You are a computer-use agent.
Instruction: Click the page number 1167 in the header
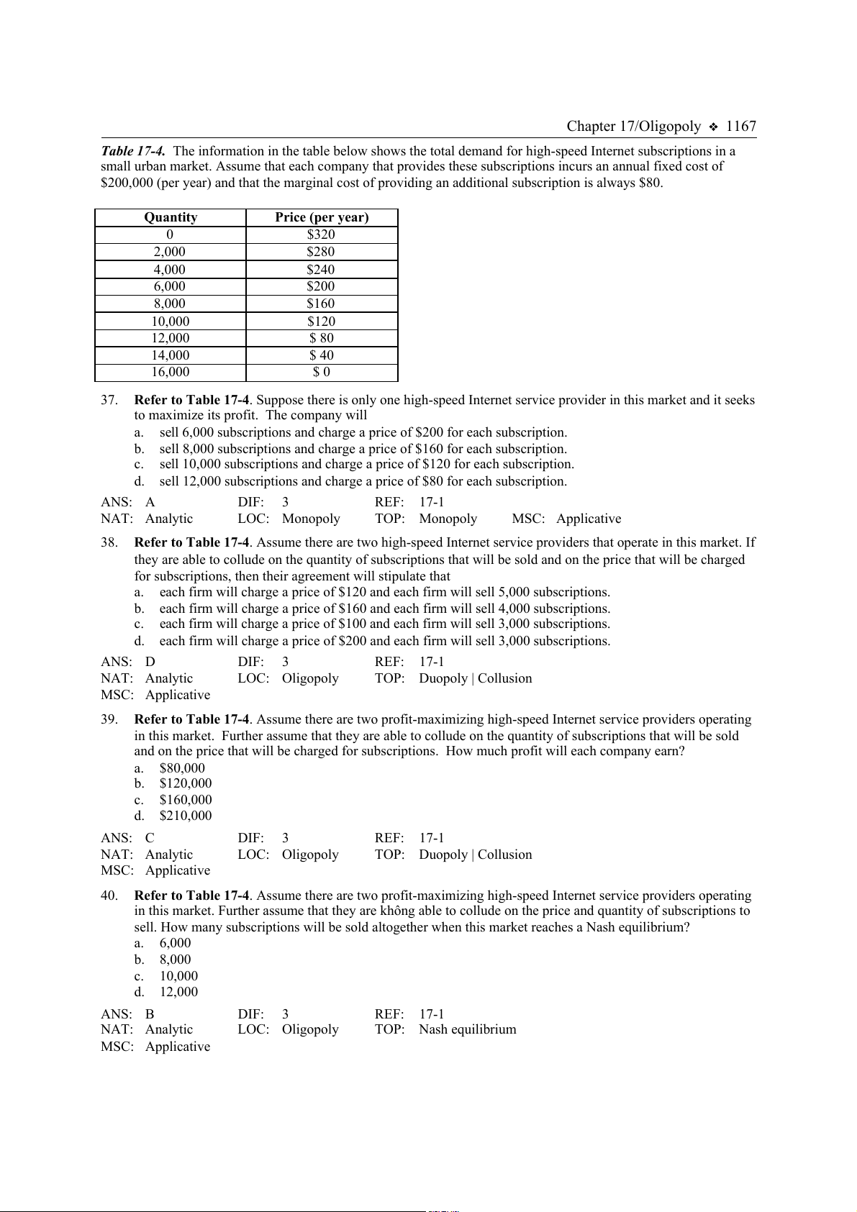[740, 127]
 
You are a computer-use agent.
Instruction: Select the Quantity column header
[171, 217]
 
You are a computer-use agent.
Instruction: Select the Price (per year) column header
[322, 217]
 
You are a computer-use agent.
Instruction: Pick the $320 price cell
[321, 234]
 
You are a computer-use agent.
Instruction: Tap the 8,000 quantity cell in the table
[170, 304]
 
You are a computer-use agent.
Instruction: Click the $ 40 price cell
[322, 355]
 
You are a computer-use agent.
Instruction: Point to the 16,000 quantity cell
[171, 372]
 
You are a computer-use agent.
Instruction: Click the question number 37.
[109, 400]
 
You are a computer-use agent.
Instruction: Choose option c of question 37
[366, 464]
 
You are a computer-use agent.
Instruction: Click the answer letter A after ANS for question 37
[150, 502]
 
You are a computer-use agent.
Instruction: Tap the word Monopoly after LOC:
[311, 519]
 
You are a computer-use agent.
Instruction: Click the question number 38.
[109, 542]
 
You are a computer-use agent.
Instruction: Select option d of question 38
[384, 641]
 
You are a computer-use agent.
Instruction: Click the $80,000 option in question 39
[182, 768]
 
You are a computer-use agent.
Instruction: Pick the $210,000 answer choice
[186, 816]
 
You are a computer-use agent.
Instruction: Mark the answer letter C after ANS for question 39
[150, 838]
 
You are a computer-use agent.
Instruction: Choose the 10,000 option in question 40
[178, 976]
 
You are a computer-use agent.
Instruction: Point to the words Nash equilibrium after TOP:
[468, 1029]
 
